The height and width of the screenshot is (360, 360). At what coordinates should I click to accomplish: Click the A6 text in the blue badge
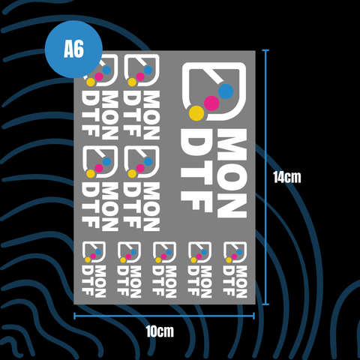tap(73, 49)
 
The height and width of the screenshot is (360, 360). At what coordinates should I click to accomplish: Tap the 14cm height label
tap(287, 177)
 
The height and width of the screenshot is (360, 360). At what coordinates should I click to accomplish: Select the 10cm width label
tap(160, 331)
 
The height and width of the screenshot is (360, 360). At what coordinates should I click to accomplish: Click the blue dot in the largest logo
tap(226, 91)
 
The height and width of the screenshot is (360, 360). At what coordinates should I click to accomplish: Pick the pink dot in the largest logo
tap(211, 103)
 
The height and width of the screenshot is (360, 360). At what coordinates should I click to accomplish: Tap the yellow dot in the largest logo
tap(196, 113)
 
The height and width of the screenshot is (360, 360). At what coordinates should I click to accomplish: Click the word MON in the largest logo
tap(232, 173)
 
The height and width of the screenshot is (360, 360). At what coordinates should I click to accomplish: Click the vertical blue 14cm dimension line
tap(265, 177)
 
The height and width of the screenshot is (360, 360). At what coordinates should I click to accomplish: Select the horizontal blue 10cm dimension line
tap(164, 316)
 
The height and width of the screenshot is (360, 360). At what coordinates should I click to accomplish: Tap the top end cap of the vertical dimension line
tap(265, 50)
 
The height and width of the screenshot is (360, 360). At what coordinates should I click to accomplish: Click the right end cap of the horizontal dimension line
tap(254, 316)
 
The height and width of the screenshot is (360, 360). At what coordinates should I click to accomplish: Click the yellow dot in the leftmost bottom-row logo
tap(88, 260)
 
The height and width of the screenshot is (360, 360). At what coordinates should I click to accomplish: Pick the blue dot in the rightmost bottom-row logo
tap(239, 252)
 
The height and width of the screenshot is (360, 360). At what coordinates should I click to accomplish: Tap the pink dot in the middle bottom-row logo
tap(163, 256)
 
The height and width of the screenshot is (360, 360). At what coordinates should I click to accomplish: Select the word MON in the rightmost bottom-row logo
tap(241, 282)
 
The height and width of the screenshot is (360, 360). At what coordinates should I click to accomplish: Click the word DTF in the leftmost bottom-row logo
tap(87, 280)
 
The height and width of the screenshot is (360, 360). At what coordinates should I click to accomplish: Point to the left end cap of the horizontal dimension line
tap(74, 316)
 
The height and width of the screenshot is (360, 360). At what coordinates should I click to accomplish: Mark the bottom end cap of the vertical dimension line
tap(265, 304)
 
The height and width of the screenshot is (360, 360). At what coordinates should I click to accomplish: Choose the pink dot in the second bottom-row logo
tap(128, 256)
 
